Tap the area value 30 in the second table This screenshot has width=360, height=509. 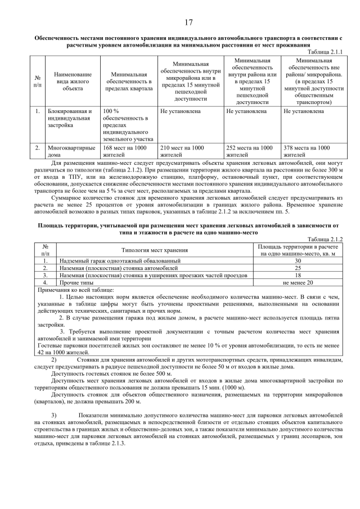tap(298, 261)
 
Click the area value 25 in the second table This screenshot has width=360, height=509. tap(298, 268)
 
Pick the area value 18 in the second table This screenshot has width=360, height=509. tap(298, 276)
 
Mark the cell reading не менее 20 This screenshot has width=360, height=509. tap(298, 283)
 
